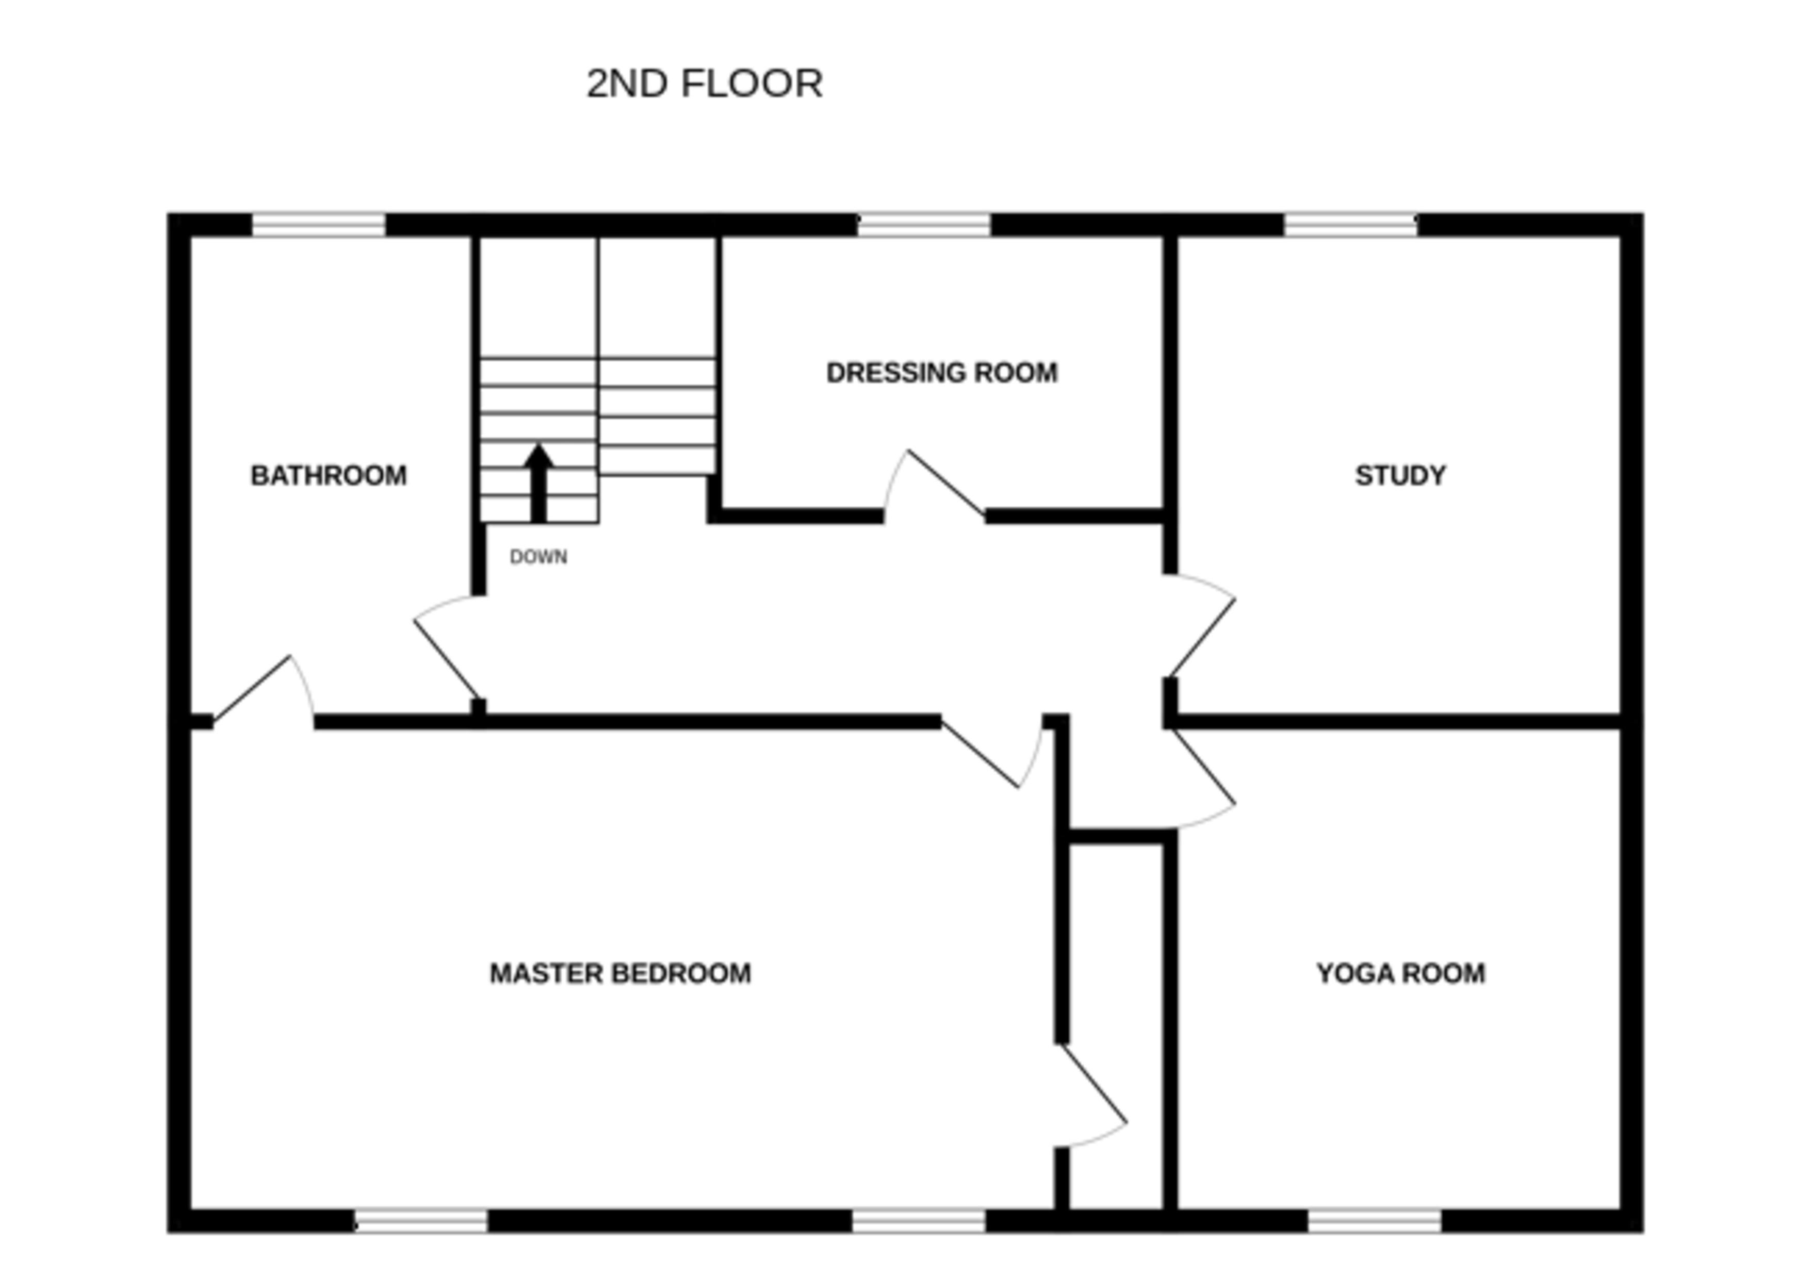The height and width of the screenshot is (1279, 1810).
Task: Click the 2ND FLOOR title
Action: [704, 84]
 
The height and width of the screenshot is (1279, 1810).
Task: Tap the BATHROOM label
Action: [329, 476]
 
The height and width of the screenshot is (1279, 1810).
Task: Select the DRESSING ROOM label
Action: [941, 373]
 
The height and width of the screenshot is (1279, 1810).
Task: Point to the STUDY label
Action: [1400, 476]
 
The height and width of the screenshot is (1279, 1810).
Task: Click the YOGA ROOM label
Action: [1400, 974]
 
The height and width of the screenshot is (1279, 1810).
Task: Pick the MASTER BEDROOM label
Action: [621, 974]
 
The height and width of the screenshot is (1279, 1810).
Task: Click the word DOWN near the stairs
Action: [539, 557]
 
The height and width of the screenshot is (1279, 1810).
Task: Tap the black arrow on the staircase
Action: [539, 483]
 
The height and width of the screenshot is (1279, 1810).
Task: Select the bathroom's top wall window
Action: [318, 225]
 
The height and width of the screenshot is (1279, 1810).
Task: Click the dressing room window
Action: [924, 225]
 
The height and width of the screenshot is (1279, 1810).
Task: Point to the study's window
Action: [1350, 225]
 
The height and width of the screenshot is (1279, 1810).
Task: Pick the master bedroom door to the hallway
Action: [985, 753]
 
